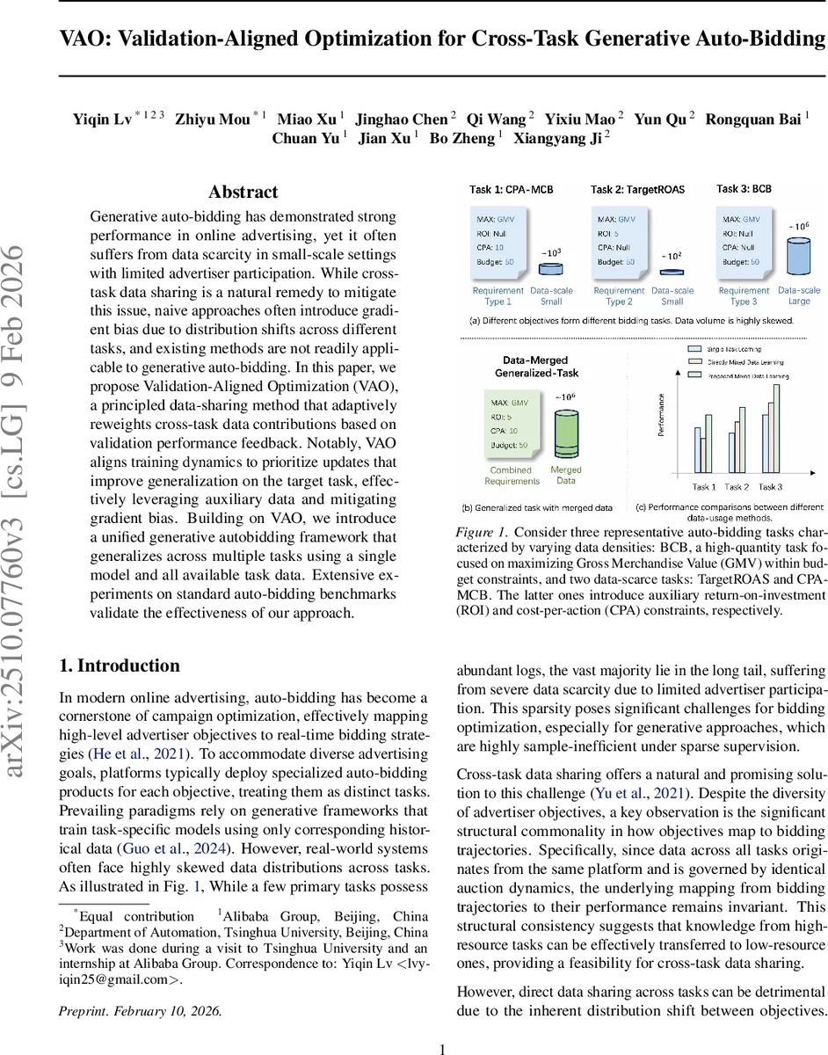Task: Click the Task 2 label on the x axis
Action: pos(736,486)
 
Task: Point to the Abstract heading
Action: pos(243,193)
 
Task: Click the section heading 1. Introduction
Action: pos(119,666)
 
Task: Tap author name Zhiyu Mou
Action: pos(217,120)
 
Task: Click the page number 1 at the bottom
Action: pos(443,1048)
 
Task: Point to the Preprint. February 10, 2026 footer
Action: pos(140,1010)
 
